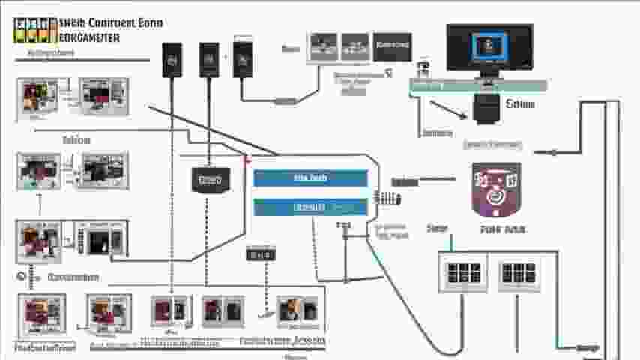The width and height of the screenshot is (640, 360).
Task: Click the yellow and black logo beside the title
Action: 36,29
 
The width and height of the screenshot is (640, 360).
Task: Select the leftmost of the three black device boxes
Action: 172,59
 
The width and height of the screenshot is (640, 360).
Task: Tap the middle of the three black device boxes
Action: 209,59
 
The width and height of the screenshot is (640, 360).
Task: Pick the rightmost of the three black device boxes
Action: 243,59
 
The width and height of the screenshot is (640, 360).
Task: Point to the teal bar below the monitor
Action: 478,85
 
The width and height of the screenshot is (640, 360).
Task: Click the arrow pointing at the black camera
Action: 450,109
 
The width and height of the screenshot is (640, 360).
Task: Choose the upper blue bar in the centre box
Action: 310,178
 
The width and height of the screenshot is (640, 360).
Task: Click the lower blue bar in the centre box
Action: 310,207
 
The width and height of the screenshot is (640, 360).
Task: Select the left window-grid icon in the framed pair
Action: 462,272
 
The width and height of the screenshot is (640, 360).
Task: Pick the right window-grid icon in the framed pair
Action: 519,272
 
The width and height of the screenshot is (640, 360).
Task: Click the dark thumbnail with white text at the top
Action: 393,46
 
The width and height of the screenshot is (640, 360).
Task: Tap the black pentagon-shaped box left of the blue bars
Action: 210,180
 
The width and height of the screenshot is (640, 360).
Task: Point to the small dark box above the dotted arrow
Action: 260,255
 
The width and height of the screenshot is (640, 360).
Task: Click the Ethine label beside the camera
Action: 520,104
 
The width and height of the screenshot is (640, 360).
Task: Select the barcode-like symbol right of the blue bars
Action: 387,199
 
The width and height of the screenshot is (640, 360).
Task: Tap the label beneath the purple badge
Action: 496,229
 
